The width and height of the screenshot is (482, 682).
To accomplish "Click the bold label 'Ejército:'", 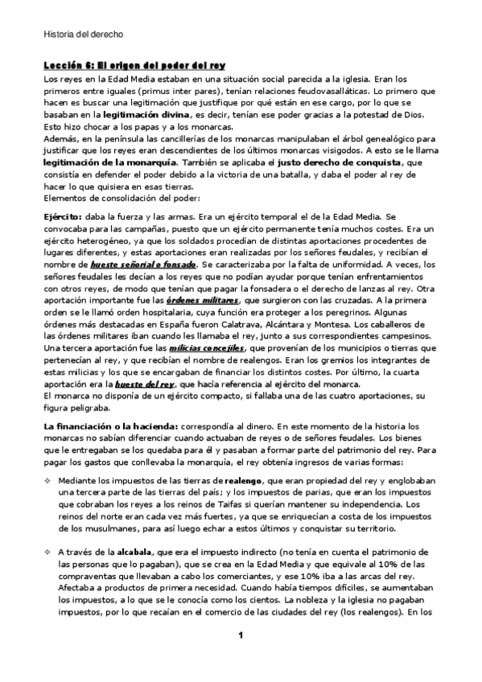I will [x=62, y=217].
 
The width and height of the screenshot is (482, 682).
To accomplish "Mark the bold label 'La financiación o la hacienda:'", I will [x=110, y=424].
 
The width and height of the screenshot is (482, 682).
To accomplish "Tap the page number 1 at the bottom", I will [x=240, y=659].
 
